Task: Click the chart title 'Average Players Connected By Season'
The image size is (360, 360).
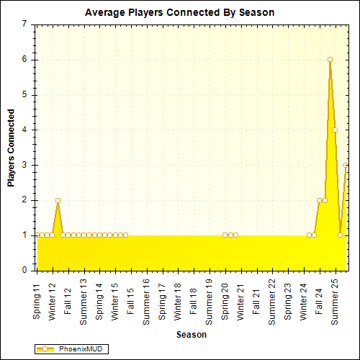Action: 179,13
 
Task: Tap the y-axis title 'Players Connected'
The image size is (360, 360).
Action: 11,148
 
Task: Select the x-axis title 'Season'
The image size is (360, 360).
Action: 192,335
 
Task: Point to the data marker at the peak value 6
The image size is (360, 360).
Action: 330,60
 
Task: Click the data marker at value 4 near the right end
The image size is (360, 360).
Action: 335,130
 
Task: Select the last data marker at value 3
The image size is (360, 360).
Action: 346,165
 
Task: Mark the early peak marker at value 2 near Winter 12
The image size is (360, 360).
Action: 58,200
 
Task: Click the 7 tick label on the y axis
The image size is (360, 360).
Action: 25,24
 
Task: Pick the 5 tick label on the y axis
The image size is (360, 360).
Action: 25,94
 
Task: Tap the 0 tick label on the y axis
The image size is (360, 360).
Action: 25,271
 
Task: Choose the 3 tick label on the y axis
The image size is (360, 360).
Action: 25,165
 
